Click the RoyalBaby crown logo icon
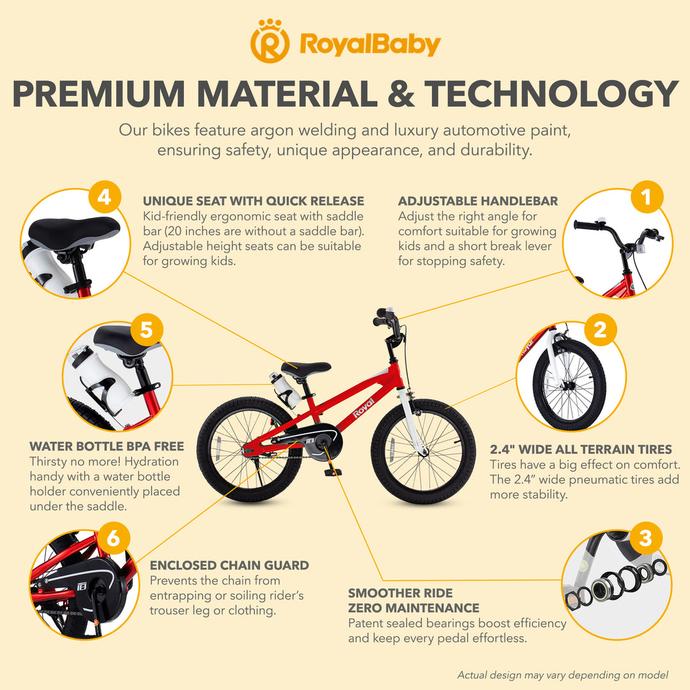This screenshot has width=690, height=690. pos(270,41)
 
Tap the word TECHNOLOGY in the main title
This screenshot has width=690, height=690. pos(551,94)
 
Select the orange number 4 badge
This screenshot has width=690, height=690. pos(105,197)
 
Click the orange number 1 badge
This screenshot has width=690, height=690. pos(647,197)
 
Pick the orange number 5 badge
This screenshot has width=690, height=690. pos(146,330)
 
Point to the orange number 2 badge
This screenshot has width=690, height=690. pos(600,330)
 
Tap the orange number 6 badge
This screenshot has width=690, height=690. pos(114,538)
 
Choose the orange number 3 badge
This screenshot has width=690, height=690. pos(645,538)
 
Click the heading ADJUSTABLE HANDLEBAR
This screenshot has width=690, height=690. pos(478,201)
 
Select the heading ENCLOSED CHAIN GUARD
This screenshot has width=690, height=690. pos(229,565)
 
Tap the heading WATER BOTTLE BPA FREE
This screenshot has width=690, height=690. pos(107,446)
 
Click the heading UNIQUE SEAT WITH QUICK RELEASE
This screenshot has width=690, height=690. pos(254,201)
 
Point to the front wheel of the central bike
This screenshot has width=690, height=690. pos(424,451)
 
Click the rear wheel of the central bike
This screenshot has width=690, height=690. pos(250,449)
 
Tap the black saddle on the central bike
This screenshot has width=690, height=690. pos(306,369)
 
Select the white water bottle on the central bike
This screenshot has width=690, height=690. pos(285,390)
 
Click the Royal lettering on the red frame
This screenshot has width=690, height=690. pos(364,408)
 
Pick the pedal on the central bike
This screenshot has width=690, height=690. pos(331,472)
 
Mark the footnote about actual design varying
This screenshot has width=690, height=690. pos(563,675)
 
